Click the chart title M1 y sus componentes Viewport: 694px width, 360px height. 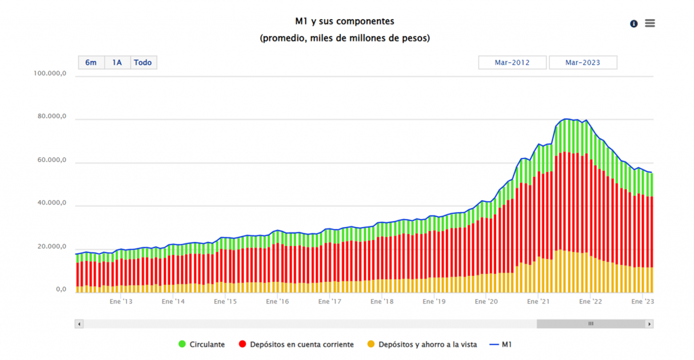(x=345, y=22)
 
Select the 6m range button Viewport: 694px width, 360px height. (x=91, y=62)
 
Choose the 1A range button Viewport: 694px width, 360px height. (x=117, y=62)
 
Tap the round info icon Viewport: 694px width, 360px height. (x=634, y=24)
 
